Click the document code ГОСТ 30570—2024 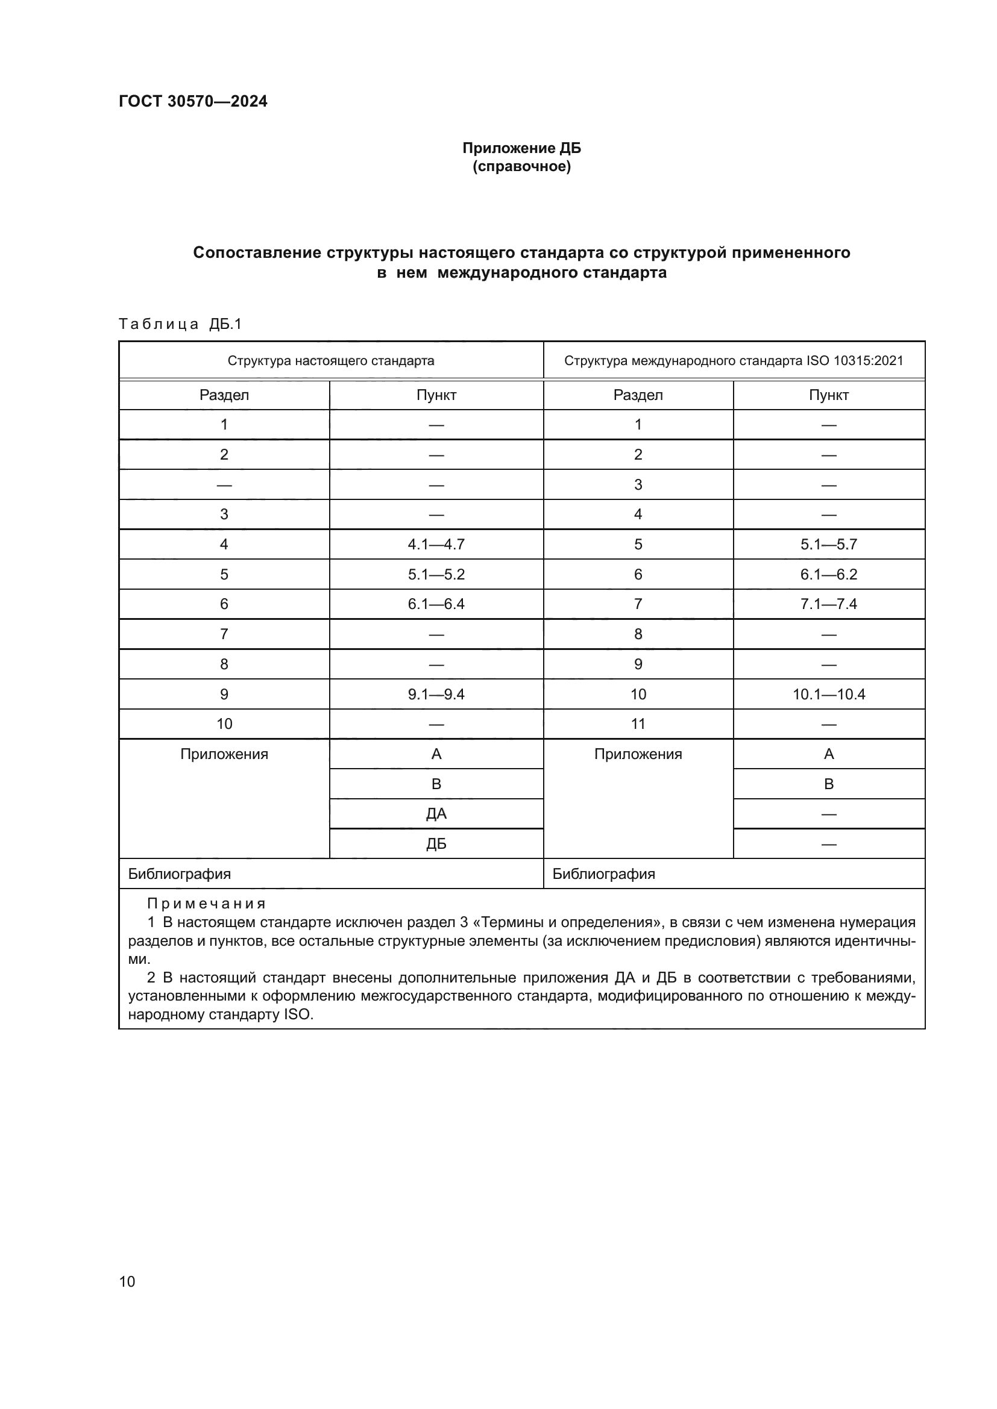193,101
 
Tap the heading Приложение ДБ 521,148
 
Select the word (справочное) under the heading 521,167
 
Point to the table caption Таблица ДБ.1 180,324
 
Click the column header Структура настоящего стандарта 331,361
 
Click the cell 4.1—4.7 436,545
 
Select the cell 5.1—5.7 828,545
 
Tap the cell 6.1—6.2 828,575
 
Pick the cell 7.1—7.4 828,604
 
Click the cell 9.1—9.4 436,694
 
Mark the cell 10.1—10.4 828,694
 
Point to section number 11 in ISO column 638,724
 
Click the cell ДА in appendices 436,814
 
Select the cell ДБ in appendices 436,844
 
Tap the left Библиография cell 179,874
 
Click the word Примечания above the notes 206,904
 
